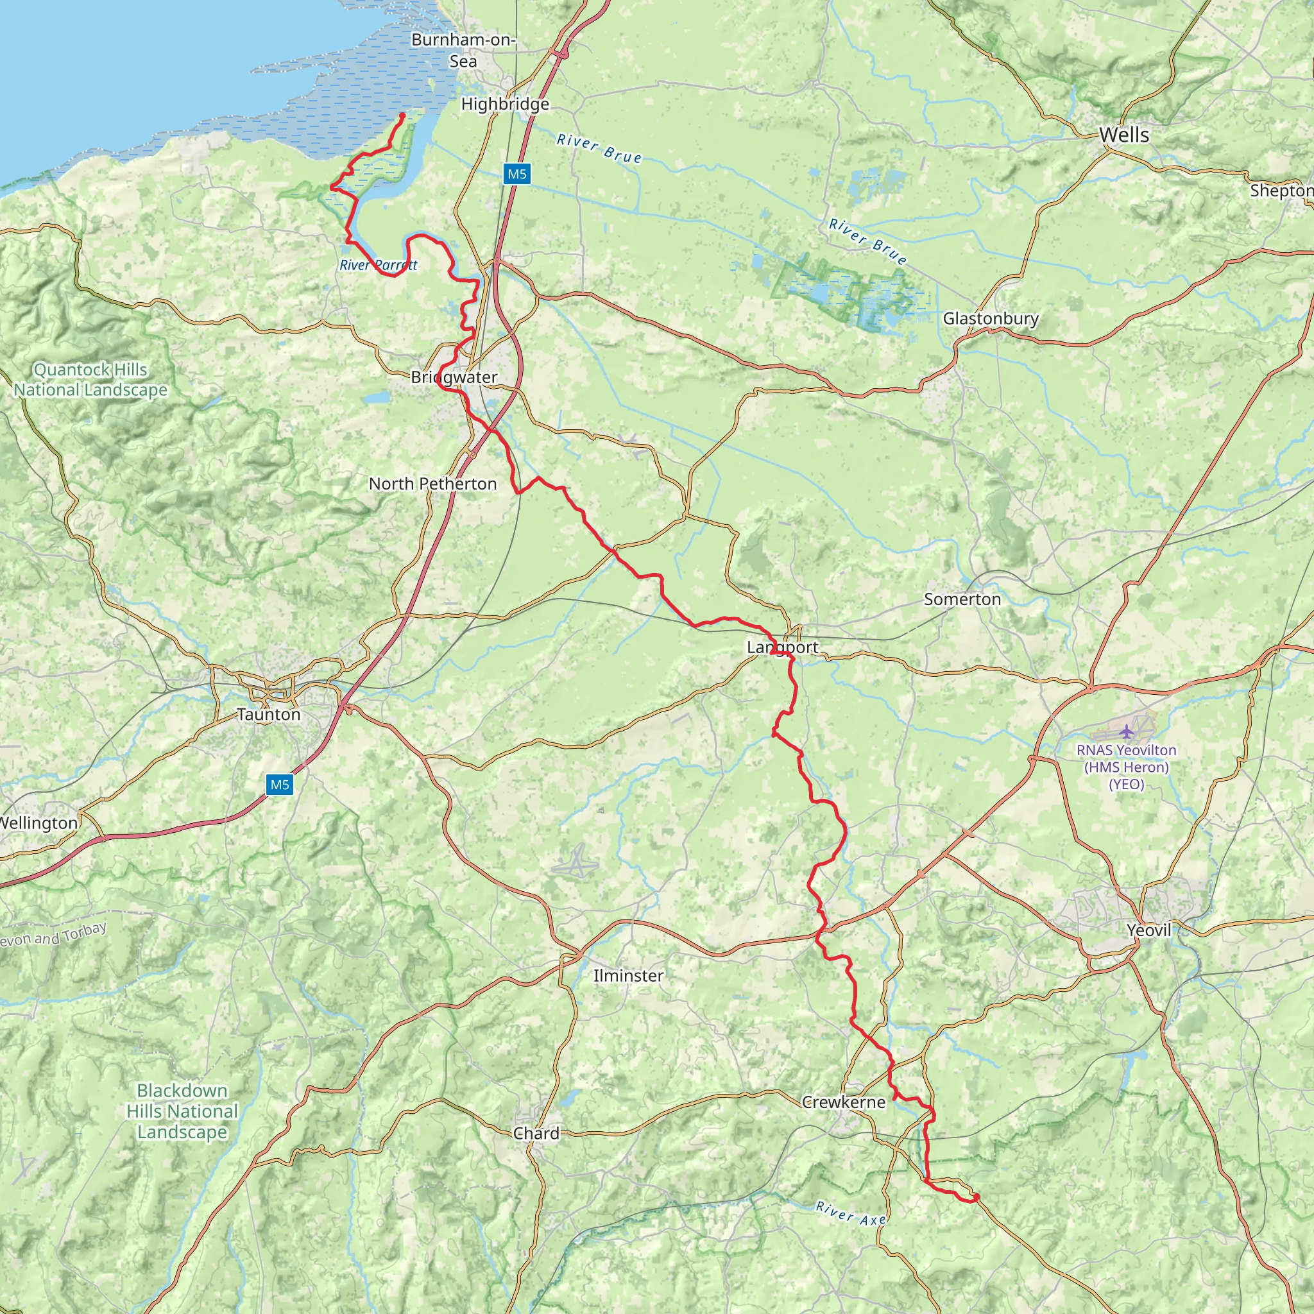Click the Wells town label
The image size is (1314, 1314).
pos(1124,135)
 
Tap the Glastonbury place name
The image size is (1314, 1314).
pos(990,318)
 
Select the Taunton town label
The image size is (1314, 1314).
pos(269,714)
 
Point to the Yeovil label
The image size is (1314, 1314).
pos(1148,930)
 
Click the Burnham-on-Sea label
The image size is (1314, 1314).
pos(463,50)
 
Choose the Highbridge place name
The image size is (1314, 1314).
pos(505,104)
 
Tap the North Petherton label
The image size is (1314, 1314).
pos(432,484)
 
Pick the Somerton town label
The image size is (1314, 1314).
pos(962,599)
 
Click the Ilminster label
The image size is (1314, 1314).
pos(627,975)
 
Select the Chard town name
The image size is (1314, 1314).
pos(536,1133)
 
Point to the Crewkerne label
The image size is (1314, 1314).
pos(843,1102)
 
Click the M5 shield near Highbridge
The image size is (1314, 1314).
pos(517,174)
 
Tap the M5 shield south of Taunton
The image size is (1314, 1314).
pos(280,785)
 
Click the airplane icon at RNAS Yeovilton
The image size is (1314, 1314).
pos(1127,732)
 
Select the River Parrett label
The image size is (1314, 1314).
pos(378,265)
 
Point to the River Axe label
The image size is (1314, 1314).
pos(851,1213)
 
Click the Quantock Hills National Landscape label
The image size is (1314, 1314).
pos(90,380)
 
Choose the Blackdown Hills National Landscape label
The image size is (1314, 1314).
pos(182,1111)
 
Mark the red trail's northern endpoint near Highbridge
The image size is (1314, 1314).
pos(403,115)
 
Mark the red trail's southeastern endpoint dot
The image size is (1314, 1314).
pos(977,1197)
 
